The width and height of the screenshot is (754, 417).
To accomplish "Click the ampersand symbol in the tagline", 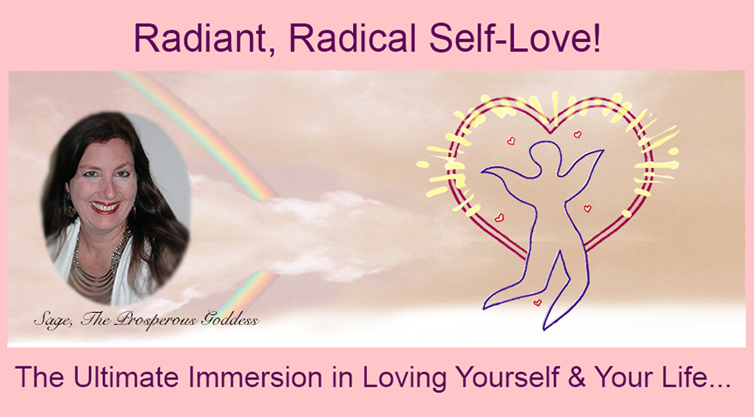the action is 576,378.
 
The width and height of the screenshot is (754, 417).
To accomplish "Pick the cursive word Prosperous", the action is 156,320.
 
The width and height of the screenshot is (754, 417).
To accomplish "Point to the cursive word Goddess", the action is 231,320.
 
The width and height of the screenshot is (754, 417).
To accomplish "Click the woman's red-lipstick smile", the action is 105,207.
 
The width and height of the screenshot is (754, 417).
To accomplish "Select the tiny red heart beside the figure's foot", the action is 537,302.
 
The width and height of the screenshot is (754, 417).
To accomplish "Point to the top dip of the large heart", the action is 551,131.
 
